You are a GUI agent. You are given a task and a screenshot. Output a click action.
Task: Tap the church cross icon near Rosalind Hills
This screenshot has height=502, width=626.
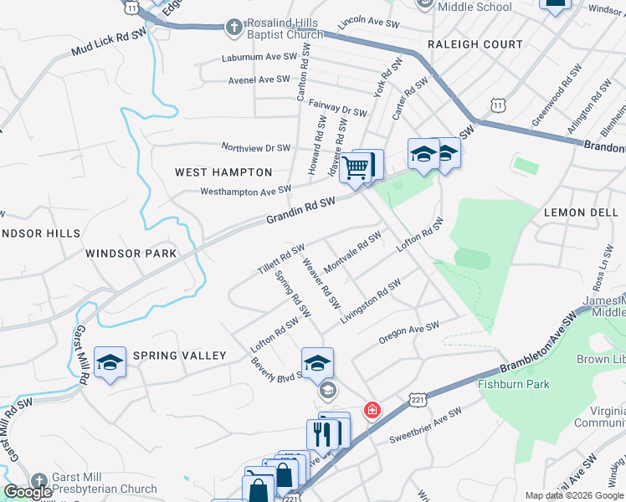click(234, 26)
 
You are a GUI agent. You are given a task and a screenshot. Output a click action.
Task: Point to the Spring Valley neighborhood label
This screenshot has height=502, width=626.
click(179, 356)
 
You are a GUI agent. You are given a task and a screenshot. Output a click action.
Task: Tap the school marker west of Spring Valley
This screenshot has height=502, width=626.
click(110, 363)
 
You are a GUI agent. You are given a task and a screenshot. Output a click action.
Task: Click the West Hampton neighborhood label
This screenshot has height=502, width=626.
click(223, 172)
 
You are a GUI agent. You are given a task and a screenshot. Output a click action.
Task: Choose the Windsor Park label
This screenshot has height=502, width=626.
click(131, 253)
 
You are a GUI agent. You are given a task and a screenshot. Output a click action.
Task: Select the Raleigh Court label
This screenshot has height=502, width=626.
click(475, 44)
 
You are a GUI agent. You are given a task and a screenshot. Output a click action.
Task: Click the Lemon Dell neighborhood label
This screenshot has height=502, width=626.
click(580, 213)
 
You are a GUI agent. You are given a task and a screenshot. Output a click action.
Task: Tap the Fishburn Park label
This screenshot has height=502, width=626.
click(513, 385)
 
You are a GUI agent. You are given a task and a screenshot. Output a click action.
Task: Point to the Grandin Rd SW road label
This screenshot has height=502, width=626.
click(300, 210)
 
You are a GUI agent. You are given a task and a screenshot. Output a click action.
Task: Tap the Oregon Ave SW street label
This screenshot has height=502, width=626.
click(408, 333)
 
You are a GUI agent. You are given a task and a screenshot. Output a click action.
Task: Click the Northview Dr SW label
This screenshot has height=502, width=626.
click(255, 147)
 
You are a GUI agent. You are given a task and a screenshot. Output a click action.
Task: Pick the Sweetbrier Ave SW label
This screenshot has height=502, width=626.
click(426, 426)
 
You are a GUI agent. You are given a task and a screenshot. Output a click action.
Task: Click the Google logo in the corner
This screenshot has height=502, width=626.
click(28, 492)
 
